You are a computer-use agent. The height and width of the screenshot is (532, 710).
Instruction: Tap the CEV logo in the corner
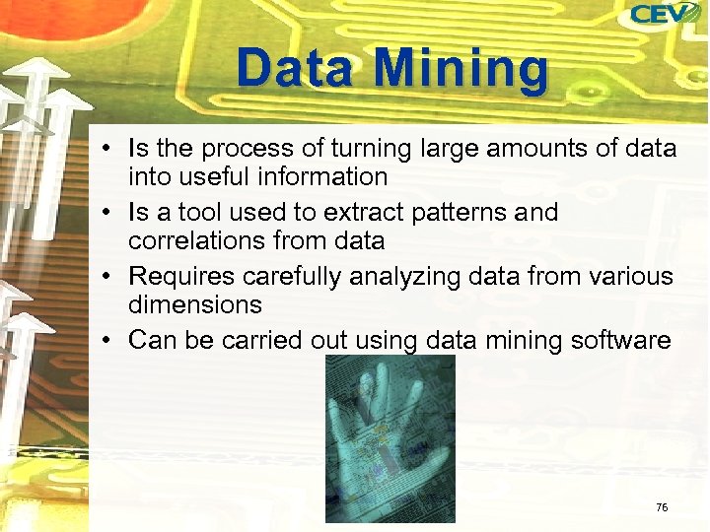pyautogui.click(x=665, y=15)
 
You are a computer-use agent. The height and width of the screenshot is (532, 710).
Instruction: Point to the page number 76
pyautogui.click(x=662, y=507)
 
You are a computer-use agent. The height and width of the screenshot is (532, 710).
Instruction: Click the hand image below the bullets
pyautogui.click(x=390, y=438)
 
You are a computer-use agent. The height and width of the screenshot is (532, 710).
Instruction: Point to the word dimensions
pyautogui.click(x=195, y=305)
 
